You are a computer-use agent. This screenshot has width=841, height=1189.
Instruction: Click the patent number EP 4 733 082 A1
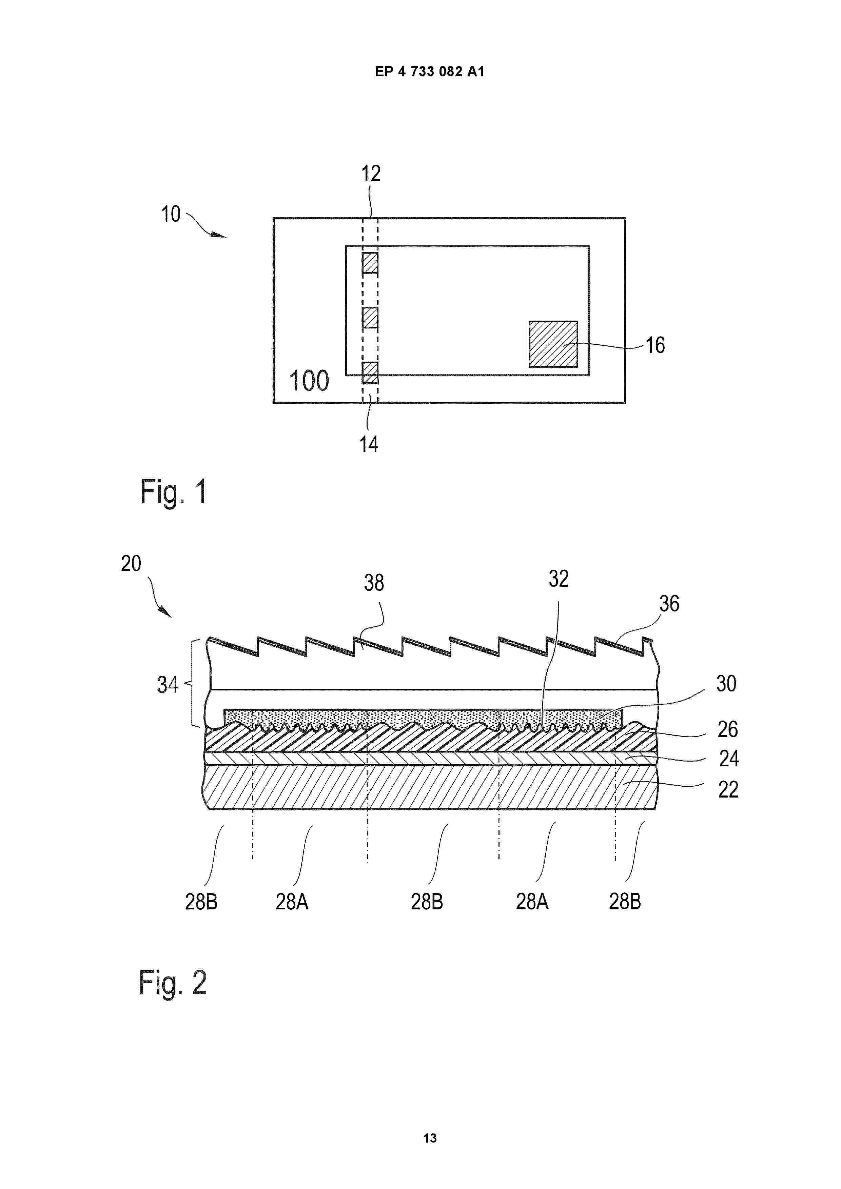coord(430,72)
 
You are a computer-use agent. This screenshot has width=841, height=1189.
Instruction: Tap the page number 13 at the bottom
coord(430,1138)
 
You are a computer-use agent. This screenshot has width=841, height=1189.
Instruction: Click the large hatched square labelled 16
coord(553,344)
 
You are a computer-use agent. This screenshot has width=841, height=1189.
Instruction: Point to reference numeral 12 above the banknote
coord(371,174)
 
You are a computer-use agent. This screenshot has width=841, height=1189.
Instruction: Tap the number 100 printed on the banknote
coord(309,381)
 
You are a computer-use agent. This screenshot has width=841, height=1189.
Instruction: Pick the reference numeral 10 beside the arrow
coord(171,214)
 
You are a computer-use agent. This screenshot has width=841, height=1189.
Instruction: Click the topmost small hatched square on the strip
coord(370,263)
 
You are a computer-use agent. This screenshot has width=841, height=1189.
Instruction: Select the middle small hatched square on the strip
coord(370,318)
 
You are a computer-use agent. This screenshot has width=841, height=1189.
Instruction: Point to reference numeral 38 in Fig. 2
coord(374,583)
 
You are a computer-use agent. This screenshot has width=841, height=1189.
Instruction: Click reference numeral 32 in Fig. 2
coord(559,579)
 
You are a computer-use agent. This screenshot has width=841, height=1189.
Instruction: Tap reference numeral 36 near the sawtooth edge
coord(669,604)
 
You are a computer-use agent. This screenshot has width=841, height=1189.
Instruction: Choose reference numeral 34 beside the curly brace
coord(168,685)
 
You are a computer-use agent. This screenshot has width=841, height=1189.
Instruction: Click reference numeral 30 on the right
coord(726,684)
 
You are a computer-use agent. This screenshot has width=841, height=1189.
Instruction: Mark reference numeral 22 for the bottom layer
coord(728,790)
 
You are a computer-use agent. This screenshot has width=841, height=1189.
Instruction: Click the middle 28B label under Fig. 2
coord(427,902)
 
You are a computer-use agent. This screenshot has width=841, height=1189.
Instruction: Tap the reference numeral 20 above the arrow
coord(131,563)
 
